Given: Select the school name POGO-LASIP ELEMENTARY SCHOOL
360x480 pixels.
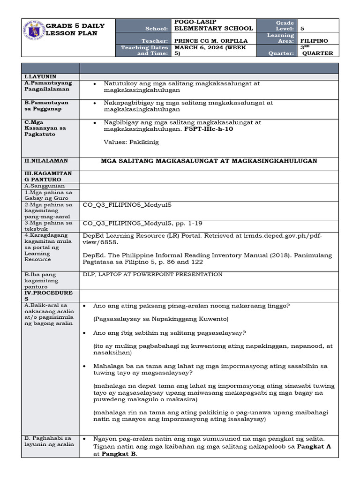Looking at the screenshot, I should [213, 25].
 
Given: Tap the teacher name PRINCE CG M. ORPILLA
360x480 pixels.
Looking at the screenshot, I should [210, 41].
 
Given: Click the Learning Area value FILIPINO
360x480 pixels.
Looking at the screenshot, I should [314, 41].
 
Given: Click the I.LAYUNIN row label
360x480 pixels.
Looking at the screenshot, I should [40, 76].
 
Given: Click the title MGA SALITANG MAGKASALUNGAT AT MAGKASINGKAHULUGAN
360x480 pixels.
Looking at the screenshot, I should [209, 161].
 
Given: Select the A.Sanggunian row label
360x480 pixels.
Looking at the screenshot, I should [45, 186].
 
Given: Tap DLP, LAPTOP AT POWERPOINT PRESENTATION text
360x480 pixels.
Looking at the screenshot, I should [152, 274].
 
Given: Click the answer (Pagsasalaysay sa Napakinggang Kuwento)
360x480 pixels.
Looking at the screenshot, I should [160, 319].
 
